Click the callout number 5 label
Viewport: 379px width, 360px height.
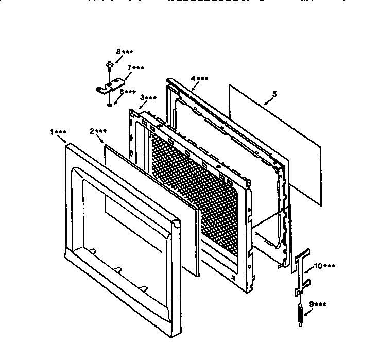[274, 94]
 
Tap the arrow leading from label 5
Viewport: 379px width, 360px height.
[268, 101]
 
